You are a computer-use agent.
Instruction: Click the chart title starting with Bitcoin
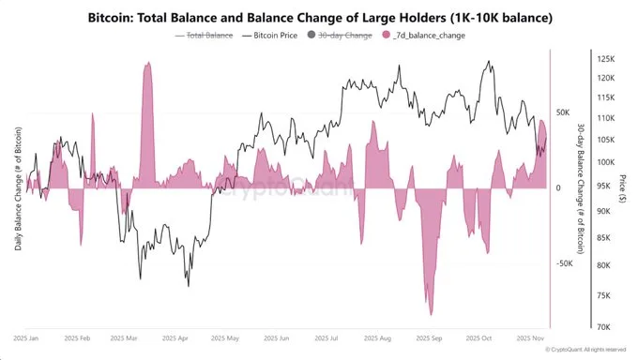(x=318, y=17)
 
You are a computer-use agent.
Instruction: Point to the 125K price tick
(x=605, y=58)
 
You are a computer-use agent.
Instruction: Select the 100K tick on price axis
(x=605, y=161)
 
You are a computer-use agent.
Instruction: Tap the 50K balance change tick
(x=563, y=112)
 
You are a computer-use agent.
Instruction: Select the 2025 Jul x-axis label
(x=327, y=337)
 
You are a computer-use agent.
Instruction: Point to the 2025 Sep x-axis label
(x=428, y=337)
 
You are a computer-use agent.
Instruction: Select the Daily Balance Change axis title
(x=18, y=187)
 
